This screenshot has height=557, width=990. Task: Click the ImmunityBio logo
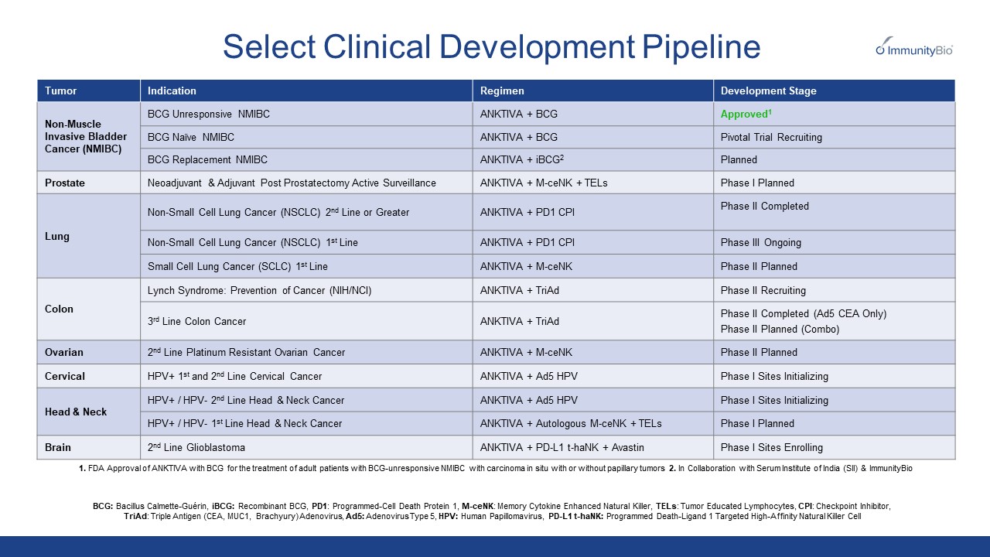914,48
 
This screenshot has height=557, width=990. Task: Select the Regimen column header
502,91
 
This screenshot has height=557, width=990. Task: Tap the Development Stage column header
768,91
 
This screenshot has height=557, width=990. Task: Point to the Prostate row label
65,183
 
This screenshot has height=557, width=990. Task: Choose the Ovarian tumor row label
64,352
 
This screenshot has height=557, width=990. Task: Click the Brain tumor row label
59,447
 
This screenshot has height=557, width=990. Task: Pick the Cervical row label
65,376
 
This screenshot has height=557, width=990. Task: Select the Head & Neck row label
76,412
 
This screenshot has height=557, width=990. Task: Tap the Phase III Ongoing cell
760,242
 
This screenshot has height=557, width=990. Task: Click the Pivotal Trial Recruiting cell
771,137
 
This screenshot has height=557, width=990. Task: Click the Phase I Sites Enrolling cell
771,447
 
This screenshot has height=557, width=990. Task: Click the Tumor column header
61,91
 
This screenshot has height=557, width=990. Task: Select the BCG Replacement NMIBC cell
207,159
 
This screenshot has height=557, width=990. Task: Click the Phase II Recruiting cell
763,290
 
